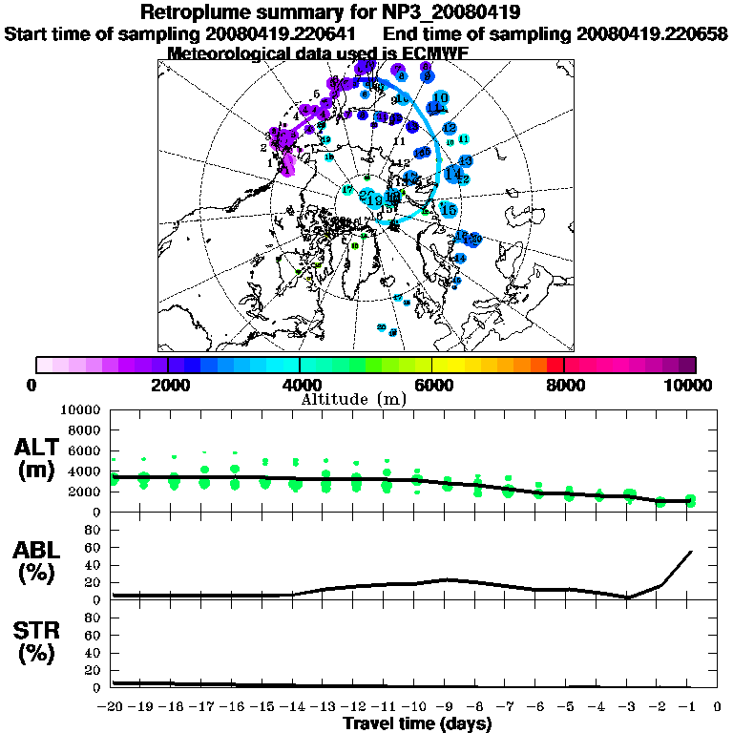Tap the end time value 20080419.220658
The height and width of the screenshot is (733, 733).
tap(652, 33)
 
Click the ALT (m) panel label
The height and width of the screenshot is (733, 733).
tap(39, 458)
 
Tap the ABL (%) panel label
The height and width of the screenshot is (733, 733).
tap(39, 561)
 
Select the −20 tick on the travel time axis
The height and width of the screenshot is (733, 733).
tap(112, 707)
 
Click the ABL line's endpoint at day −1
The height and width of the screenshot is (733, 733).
tap(691, 552)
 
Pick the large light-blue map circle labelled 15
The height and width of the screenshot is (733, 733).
tap(449, 209)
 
